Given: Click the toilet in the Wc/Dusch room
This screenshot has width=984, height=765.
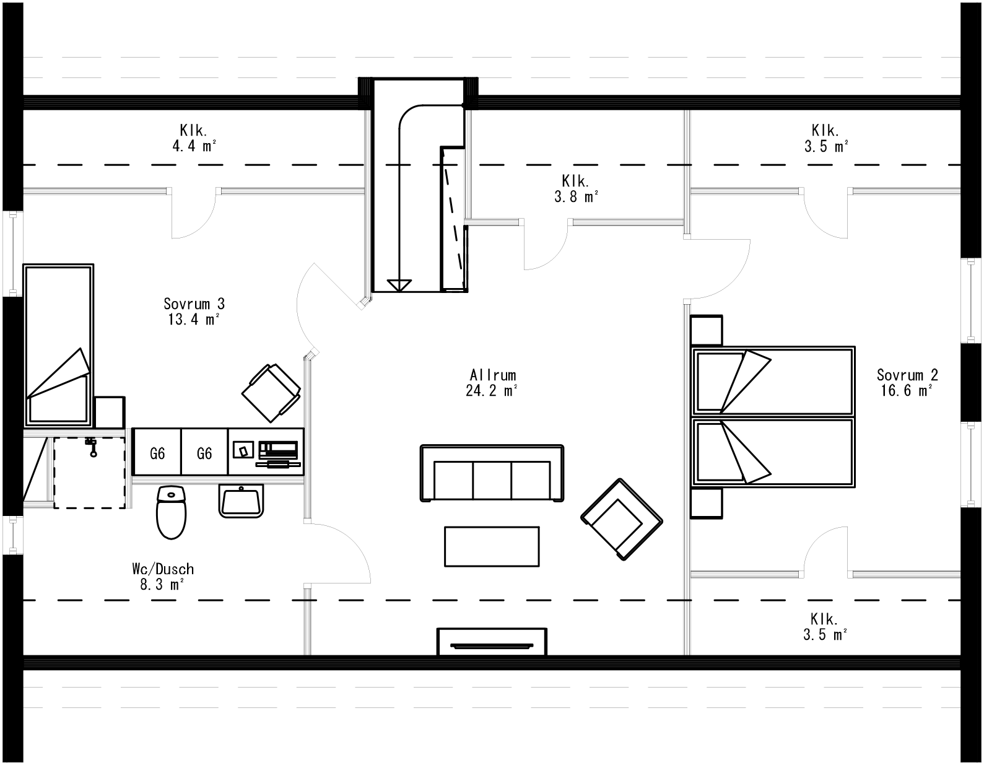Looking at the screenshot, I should coord(172,514).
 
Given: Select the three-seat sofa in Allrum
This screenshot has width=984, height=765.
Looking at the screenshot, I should coord(492,473).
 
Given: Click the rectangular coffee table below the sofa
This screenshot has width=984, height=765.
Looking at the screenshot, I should coord(492,546).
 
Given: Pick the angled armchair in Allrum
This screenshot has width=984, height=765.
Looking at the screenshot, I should coord(621,520).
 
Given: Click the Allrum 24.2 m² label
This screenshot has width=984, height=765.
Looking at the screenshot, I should coord(492,383).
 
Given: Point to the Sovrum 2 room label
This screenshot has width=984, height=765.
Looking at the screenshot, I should coord(907,382).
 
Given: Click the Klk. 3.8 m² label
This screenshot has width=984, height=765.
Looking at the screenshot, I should coord(575,189).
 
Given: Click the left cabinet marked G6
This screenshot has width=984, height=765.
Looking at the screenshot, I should coord(157,453).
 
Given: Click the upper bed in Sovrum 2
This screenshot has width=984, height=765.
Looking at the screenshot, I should coord(772,380).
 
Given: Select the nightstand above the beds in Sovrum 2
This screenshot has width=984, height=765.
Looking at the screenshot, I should coord(707,330).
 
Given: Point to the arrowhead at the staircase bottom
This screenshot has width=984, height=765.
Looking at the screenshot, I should coord(399,286).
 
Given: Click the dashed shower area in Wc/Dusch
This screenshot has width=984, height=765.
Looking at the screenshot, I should coord(89,473).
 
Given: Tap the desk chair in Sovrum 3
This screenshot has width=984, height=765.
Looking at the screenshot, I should coord(270,390).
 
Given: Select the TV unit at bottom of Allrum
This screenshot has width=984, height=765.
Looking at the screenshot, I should coord(492,642).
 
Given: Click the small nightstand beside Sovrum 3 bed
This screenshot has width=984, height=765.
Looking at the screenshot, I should coord(110,412).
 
